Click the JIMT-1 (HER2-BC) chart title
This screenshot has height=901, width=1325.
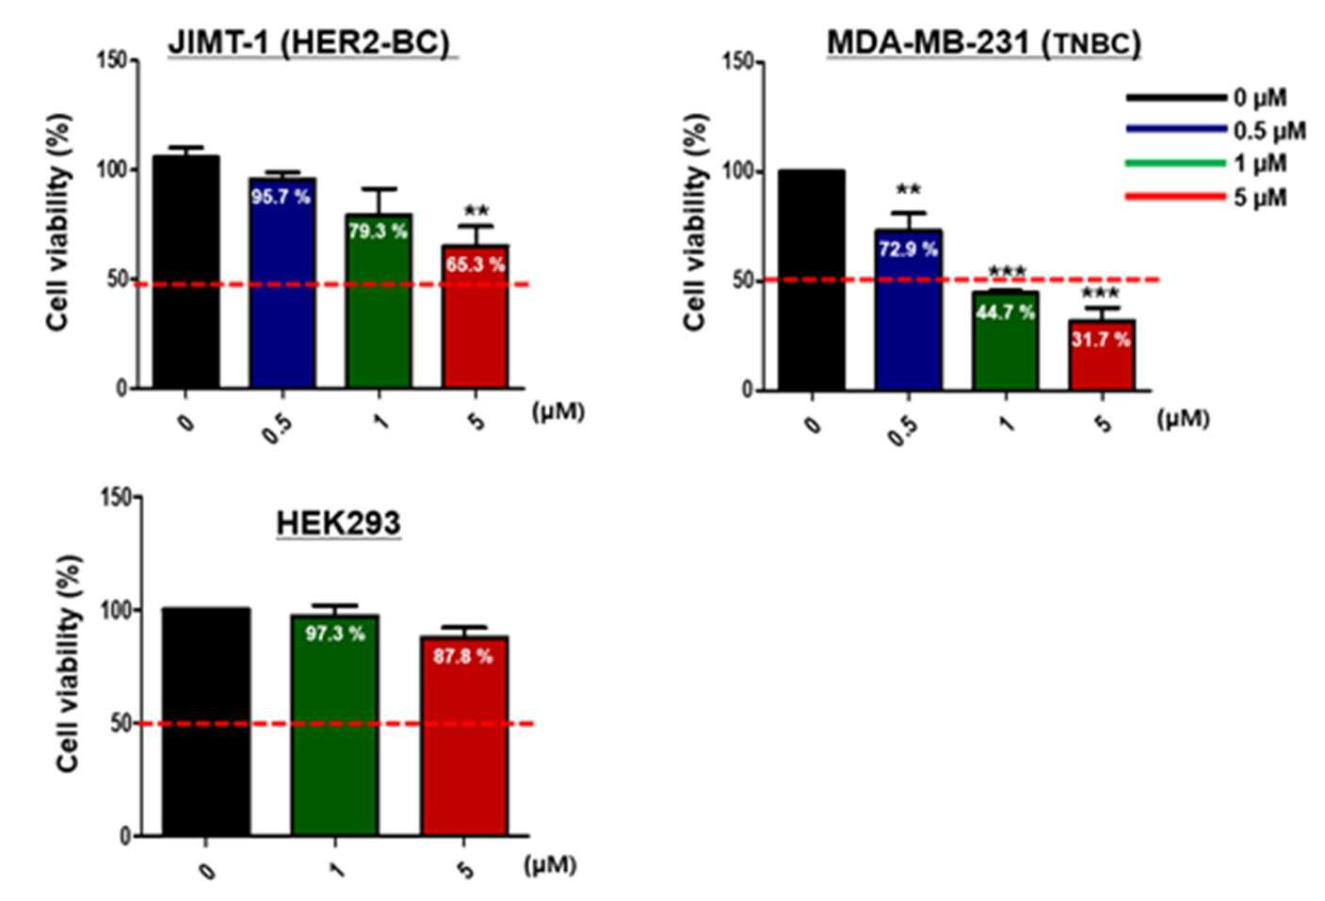[309, 43]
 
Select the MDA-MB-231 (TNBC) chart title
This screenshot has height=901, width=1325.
[984, 43]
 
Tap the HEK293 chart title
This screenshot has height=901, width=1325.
[338, 523]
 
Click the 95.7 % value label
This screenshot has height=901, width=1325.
[281, 197]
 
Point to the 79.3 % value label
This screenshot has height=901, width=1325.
[378, 232]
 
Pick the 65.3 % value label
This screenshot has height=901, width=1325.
[475, 265]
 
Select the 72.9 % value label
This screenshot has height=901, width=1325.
[908, 249]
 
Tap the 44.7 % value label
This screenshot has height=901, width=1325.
[1005, 312]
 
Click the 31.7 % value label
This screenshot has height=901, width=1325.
[1101, 339]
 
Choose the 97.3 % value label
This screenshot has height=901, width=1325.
[335, 634]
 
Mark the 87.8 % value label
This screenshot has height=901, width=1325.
[462, 656]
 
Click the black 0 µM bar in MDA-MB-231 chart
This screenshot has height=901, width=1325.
[811, 281]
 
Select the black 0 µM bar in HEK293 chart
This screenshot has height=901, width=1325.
[206, 722]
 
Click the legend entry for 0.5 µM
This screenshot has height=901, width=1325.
[1216, 130]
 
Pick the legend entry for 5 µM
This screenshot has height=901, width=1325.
[1206, 197]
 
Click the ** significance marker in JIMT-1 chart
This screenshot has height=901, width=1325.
[477, 211]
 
